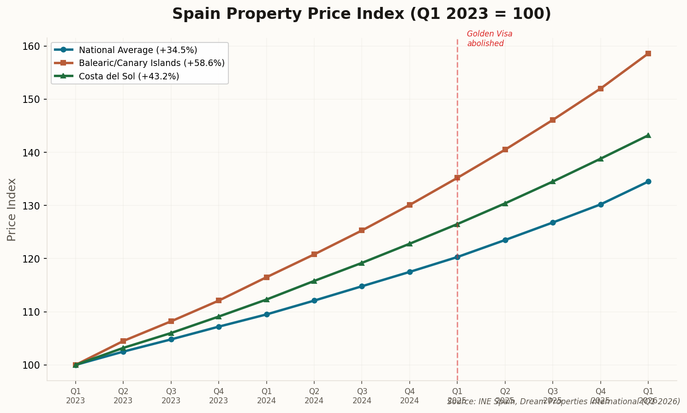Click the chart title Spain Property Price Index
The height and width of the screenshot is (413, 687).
[361, 14]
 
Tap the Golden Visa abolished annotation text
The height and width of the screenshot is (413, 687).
[489, 39]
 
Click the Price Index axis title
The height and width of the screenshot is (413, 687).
[12, 209]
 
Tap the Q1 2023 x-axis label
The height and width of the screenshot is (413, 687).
[76, 396]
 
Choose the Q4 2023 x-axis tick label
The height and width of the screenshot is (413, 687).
[219, 396]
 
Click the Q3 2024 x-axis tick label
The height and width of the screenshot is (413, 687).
[362, 396]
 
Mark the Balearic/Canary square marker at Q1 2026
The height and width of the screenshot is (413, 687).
[648, 54]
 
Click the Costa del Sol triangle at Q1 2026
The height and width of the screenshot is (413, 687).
[648, 135]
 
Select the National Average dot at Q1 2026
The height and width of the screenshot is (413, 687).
[648, 181]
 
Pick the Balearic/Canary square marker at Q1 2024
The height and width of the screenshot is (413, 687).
[267, 277]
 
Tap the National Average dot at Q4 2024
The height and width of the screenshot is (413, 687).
[410, 272]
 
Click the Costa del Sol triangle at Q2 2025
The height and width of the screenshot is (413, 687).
[505, 204]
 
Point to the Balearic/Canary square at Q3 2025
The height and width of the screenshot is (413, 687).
[553, 120]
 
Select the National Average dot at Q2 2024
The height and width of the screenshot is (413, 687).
[314, 300]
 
